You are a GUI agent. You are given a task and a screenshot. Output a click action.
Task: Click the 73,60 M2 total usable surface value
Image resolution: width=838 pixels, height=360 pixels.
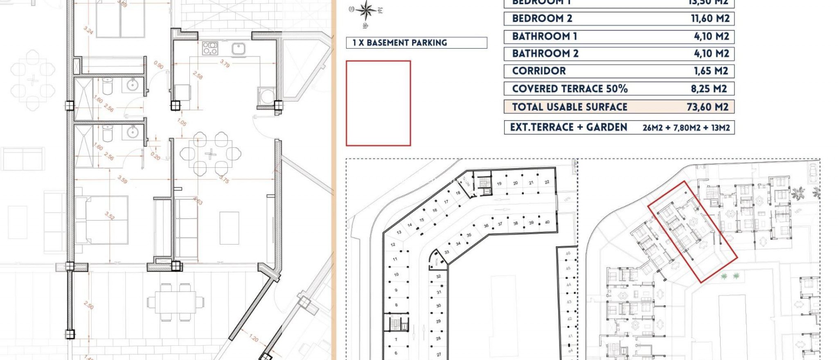coord(707,107)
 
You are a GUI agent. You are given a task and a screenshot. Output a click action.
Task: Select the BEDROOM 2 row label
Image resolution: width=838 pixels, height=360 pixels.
coord(542,18)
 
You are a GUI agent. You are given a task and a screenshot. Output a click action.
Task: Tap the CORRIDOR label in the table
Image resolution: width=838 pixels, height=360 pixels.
coord(539,71)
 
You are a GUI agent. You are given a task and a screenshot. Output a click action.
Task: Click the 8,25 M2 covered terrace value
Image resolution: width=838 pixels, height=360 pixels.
coord(709,89)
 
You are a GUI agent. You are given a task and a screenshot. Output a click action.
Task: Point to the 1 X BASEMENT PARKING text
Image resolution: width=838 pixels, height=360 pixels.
coord(400,43)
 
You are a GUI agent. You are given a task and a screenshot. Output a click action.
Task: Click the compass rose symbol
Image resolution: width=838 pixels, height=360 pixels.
coord(366,11)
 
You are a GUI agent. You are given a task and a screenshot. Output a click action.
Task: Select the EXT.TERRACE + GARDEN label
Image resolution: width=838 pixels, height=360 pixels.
coord(568,127)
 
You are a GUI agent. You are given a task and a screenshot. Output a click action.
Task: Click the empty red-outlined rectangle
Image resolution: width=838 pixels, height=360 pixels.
coord(378,103)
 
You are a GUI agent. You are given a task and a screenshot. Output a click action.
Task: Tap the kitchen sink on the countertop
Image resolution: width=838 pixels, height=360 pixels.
coord(238,49)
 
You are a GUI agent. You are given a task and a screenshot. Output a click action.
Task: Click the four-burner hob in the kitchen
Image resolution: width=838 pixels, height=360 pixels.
coord(210,48)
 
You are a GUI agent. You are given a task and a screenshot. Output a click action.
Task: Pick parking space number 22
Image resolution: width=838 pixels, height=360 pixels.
coord(547,182)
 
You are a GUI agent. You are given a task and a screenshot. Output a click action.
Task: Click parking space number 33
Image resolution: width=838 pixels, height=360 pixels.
coord(446,252)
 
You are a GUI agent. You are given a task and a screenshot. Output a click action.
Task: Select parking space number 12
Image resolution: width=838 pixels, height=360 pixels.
coord(393,245)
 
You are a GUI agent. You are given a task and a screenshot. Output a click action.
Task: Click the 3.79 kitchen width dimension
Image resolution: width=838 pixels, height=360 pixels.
coord(225,63)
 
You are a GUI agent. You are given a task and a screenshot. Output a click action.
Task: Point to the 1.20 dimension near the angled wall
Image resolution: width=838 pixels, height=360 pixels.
coord(254,338)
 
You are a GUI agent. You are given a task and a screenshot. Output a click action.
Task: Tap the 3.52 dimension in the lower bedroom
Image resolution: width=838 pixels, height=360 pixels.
coord(110,216)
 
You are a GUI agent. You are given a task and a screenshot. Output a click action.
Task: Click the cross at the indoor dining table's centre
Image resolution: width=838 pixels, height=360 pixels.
coord(210,154)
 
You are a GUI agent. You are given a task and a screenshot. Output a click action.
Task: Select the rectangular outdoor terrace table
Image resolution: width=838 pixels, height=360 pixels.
coord(175,302)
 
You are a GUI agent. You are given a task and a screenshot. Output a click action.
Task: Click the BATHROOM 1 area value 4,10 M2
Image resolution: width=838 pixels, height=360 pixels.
coord(711,36)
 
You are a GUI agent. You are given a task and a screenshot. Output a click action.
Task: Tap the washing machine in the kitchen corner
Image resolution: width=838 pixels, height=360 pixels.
coord(267,97)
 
